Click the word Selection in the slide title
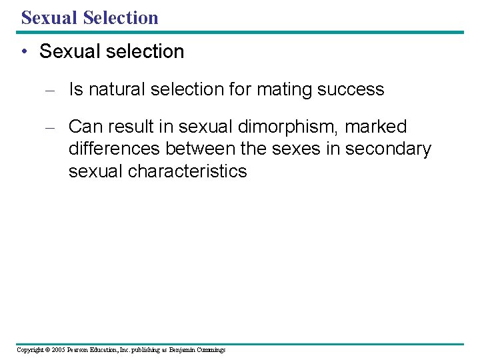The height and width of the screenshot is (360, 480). pos(121,17)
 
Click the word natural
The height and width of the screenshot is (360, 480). pos(115,89)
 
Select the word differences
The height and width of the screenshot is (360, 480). pos(114,149)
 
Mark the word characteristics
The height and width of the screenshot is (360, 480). pos(187,171)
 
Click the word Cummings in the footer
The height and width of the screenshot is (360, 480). pos(210,350)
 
